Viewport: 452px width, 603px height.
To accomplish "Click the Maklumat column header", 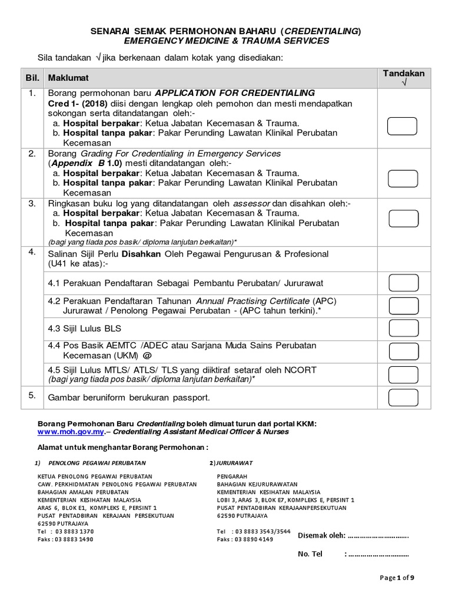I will [69, 78].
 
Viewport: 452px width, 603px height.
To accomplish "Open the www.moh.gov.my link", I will [71, 432].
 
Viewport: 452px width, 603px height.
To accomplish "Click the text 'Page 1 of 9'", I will [397, 578].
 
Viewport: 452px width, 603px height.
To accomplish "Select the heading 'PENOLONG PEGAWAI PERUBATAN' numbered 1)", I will [97, 463].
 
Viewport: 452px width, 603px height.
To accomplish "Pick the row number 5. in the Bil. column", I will [32, 396].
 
